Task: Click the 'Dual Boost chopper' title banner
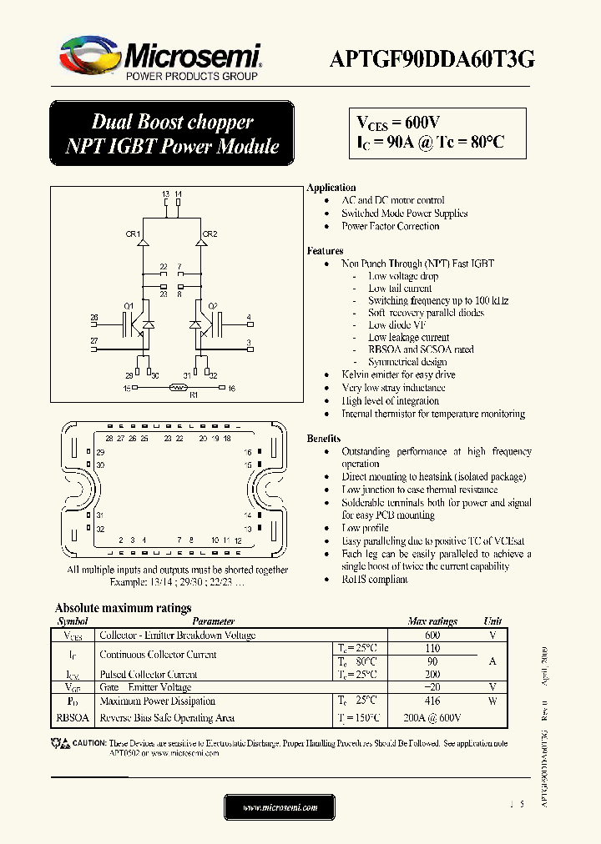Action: tap(172, 123)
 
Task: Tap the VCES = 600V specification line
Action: tap(399, 122)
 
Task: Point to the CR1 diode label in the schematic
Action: tap(134, 234)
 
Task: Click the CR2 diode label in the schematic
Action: tap(210, 234)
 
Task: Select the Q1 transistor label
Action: tap(129, 306)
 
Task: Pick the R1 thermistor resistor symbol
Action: tap(177, 388)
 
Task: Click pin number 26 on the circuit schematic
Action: tap(94, 318)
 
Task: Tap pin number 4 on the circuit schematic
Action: tap(249, 318)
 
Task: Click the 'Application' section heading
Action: tap(331, 188)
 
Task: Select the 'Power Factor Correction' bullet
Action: tap(390, 226)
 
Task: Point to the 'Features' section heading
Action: tap(325, 250)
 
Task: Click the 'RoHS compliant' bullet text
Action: tap(375, 580)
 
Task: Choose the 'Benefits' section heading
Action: tap(324, 438)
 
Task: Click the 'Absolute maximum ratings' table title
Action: tap(123, 608)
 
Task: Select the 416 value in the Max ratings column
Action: tap(432, 701)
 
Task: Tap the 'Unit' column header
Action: tap(492, 621)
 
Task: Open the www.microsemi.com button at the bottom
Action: tap(280, 807)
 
